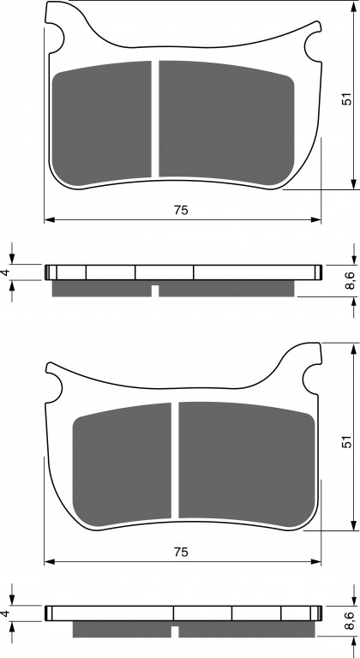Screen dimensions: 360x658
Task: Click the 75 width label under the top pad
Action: [x=181, y=210]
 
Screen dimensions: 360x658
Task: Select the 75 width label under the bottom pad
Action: [x=181, y=553]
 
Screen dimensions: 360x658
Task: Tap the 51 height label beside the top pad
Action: [x=346, y=99]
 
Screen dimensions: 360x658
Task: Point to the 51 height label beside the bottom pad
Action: [x=346, y=441]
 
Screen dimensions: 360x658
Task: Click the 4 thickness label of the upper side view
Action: [x=5, y=272]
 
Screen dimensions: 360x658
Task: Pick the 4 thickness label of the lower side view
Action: [x=5, y=613]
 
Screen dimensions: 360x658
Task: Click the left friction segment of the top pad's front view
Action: [x=101, y=123]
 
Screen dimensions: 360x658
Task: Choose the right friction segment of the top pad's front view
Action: [x=227, y=123]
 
